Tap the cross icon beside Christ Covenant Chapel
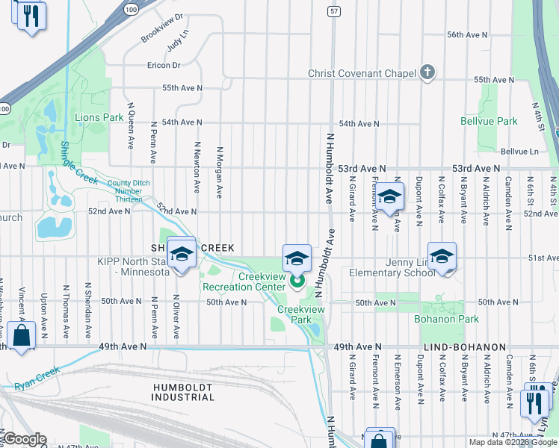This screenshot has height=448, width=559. pyautogui.click(x=427, y=72)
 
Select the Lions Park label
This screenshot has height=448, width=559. pyautogui.click(x=99, y=118)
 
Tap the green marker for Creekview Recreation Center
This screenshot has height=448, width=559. pyautogui.click(x=297, y=281)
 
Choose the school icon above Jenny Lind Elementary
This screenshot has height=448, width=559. pyautogui.click(x=442, y=256)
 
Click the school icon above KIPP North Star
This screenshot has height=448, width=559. pyautogui.click(x=181, y=253)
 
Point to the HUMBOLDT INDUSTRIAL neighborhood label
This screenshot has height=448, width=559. pyautogui.click(x=183, y=392)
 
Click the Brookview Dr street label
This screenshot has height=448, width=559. pyautogui.click(x=161, y=27)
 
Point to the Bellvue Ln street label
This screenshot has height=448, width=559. pyautogui.click(x=519, y=151)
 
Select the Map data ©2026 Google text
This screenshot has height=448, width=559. pyautogui.click(x=512, y=442)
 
